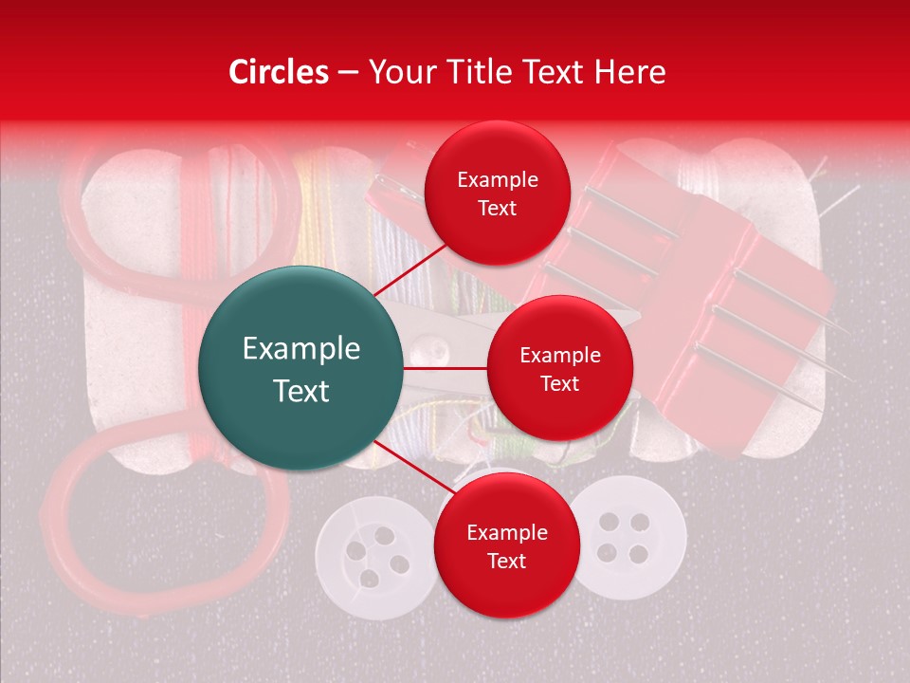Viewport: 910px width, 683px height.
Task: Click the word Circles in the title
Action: [x=279, y=72]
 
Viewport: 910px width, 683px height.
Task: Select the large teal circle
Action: [x=300, y=368]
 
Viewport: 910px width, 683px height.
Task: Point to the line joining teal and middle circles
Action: [x=446, y=367]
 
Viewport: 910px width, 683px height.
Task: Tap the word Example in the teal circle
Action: [x=301, y=349]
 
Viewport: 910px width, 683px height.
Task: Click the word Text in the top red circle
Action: [x=497, y=208]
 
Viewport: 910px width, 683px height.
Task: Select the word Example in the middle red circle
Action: [x=560, y=356]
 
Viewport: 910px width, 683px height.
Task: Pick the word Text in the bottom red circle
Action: [x=506, y=561]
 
